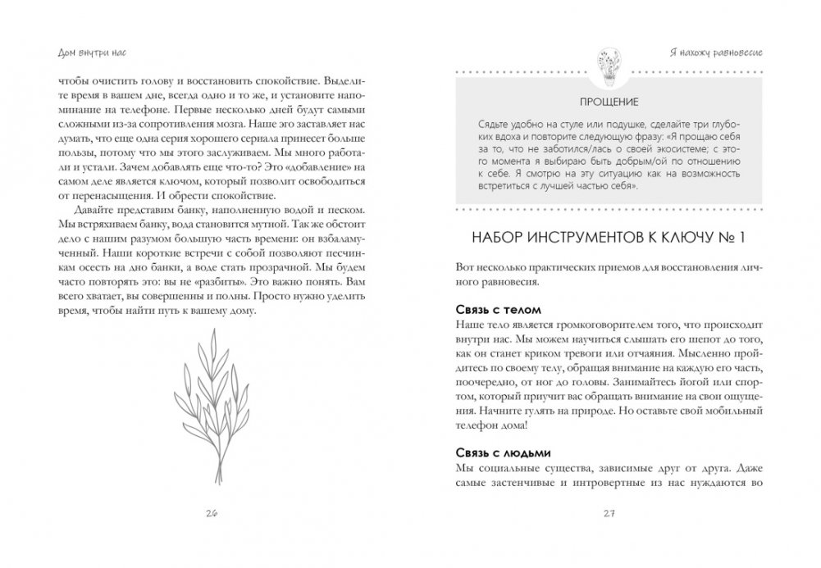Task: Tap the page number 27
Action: (x=609, y=514)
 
